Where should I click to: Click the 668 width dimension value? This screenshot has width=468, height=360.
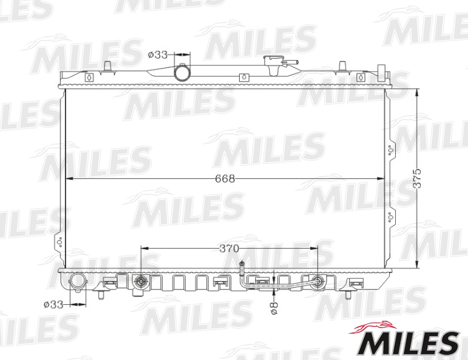225,178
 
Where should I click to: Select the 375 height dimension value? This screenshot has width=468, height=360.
417,178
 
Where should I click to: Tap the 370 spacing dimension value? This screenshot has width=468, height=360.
229,249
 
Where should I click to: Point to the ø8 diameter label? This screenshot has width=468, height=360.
274,308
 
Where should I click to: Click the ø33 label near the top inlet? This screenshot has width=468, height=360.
158,54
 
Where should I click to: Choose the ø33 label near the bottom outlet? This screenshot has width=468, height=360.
53,305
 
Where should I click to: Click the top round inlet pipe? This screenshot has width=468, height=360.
182,72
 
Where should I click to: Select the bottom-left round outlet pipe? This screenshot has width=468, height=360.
78,282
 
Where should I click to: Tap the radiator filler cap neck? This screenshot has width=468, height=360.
273,65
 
